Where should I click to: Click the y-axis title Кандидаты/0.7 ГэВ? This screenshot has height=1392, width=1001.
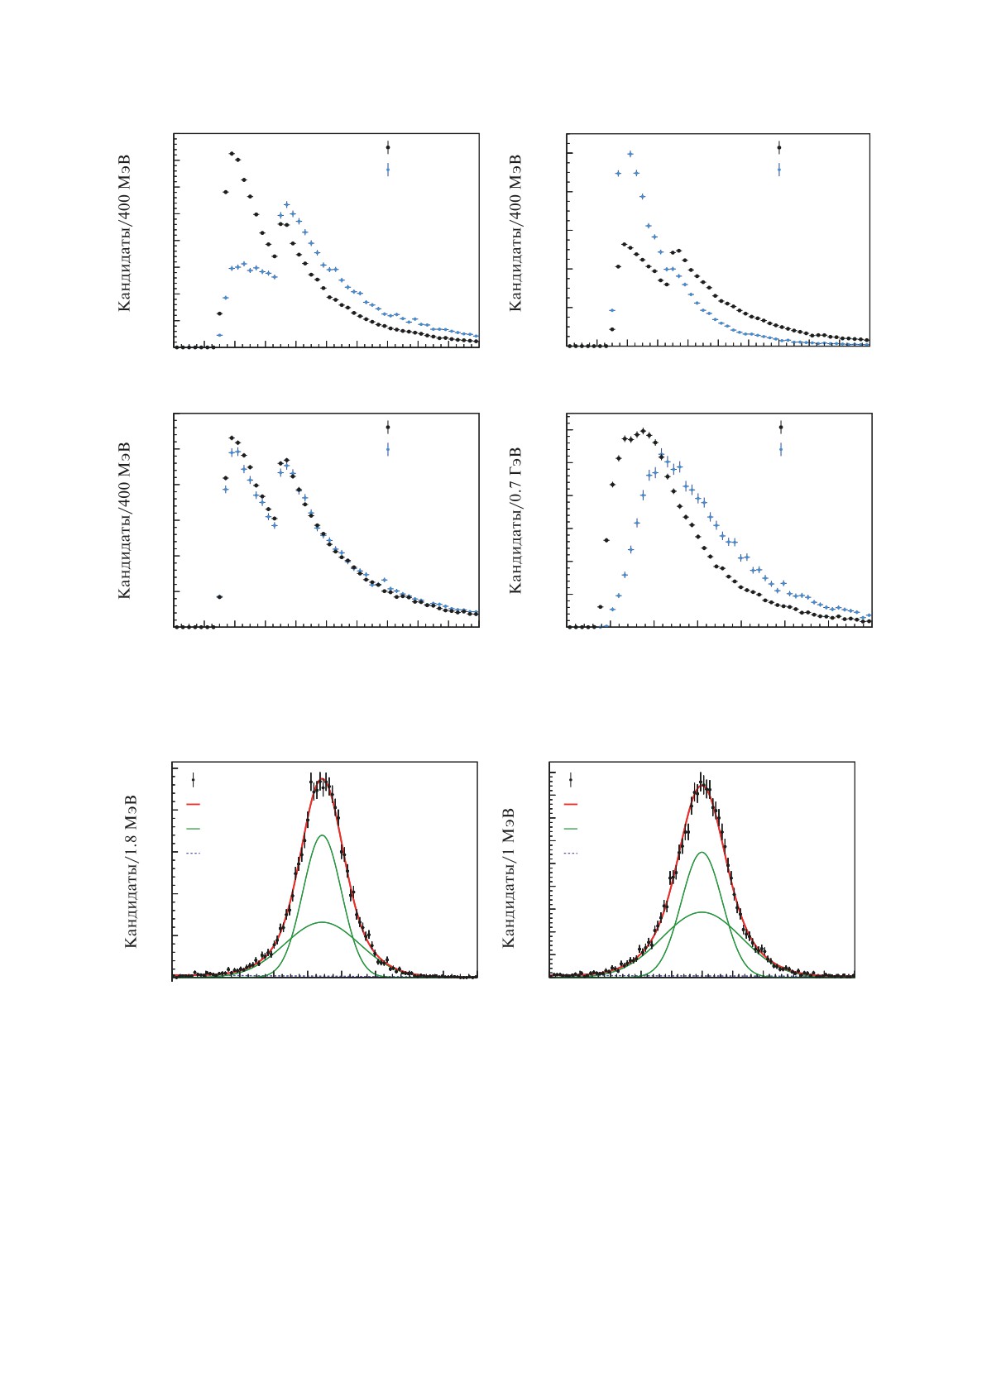point(515,520)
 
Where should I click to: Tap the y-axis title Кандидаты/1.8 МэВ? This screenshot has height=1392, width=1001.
point(131,871)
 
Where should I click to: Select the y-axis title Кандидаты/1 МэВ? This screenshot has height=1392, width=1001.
point(509,877)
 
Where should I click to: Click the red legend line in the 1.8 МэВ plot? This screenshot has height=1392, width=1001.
point(194,803)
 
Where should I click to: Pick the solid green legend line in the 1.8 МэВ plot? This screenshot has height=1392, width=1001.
point(194,828)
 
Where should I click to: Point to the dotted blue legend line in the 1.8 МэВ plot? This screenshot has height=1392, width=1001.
point(194,853)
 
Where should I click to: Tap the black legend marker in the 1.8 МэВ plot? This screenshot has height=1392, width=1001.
point(194,779)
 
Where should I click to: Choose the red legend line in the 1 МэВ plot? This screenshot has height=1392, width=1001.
point(571,803)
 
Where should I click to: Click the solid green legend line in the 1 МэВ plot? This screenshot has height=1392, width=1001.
point(571,828)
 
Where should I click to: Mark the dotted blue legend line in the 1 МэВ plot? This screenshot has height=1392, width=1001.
point(571,853)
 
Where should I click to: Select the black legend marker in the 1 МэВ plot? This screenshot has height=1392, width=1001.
point(571,779)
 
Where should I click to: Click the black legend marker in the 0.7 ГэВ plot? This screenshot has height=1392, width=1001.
point(780,427)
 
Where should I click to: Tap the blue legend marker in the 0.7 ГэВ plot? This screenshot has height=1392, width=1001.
point(780,449)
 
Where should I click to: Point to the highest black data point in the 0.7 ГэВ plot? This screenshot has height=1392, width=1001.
point(644,431)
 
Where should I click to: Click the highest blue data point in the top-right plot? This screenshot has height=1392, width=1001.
point(630,154)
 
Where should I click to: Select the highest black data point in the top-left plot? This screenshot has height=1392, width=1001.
point(232,153)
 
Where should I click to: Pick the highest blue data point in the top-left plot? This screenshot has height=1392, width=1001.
point(286,203)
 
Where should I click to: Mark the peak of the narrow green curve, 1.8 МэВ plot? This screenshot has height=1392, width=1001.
point(322,835)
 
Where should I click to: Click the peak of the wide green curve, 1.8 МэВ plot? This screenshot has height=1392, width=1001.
point(322,921)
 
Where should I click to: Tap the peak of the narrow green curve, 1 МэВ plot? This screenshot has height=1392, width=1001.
point(702,852)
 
